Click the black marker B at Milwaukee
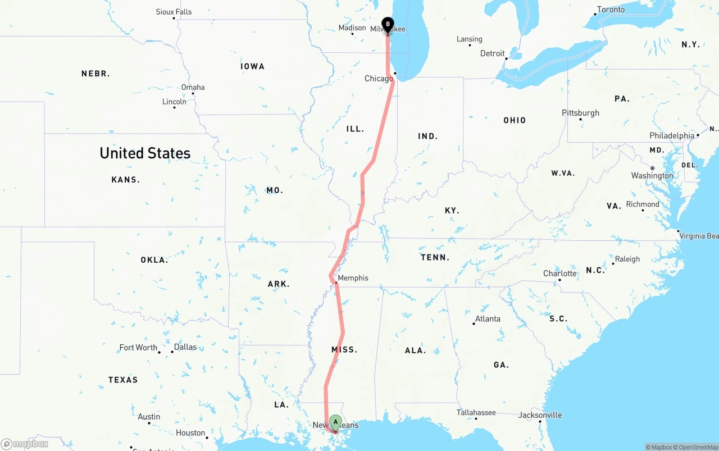388,25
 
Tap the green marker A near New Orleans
335,422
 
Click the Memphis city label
353,278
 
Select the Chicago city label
379,79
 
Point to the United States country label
145,153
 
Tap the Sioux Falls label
174,12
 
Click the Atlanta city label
488,319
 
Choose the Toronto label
611,10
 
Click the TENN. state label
435,257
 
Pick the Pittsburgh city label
580,113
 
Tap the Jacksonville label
540,415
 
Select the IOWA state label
252,66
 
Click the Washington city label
652,176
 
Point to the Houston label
190,433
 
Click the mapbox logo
25,444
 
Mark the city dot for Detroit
506,58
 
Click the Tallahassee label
476,413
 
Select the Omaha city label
193,87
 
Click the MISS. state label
344,349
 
